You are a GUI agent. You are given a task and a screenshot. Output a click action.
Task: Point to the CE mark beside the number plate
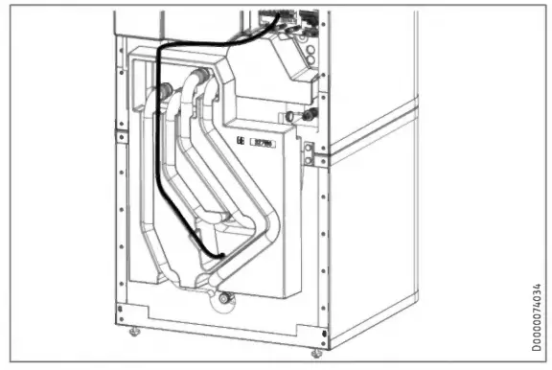[241, 143]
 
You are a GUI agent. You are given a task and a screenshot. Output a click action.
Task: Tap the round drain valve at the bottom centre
[224, 298]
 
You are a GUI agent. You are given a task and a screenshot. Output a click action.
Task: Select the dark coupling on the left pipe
[166, 93]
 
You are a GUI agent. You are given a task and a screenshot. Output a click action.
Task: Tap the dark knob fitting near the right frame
[309, 116]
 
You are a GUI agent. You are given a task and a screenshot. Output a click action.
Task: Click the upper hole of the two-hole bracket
[309, 147]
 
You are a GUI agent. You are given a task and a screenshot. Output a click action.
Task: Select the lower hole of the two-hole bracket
[309, 158]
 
